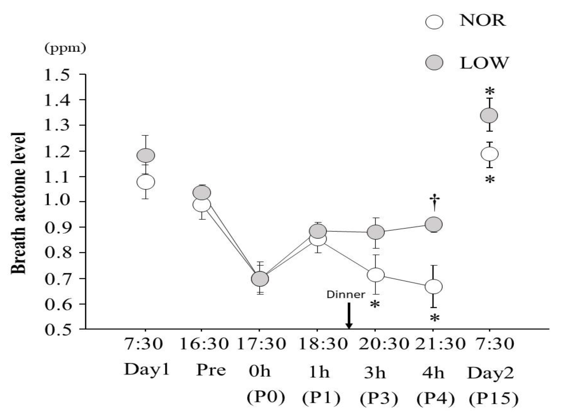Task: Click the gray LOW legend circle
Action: click(x=434, y=63)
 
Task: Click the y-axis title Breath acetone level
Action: click(x=19, y=203)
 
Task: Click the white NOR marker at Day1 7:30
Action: click(x=146, y=182)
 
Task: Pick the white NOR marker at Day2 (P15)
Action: click(x=489, y=154)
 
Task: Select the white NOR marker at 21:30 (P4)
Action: click(x=434, y=287)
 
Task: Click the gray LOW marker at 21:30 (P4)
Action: click(x=434, y=224)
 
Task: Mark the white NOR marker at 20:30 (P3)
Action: click(x=376, y=275)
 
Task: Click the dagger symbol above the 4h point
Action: click(x=435, y=202)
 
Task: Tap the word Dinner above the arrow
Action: click(x=346, y=294)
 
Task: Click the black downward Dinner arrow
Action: click(x=349, y=316)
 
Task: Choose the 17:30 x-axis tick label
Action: click(x=261, y=344)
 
